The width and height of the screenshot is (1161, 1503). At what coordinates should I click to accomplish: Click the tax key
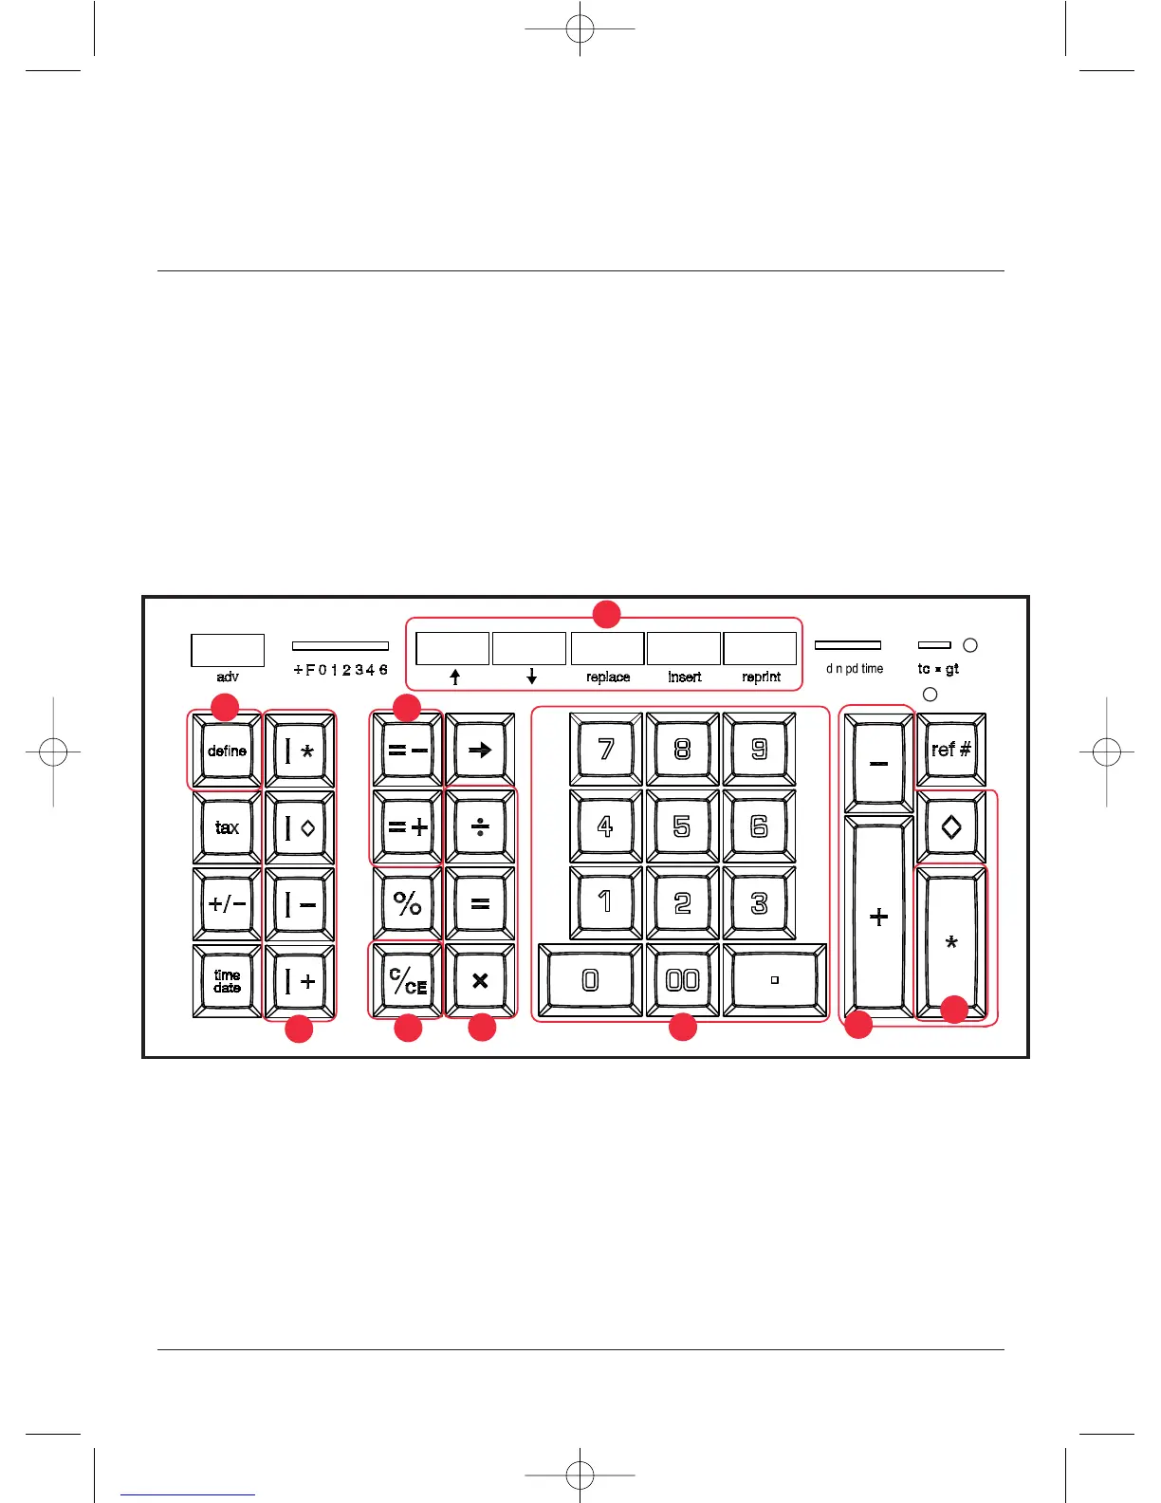pyautogui.click(x=227, y=827)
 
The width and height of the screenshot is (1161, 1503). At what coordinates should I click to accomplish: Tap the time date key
pyautogui.click(x=227, y=981)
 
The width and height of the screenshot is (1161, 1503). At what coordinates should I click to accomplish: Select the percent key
pyautogui.click(x=407, y=903)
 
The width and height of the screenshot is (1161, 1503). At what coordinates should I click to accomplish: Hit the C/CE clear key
pyautogui.click(x=407, y=981)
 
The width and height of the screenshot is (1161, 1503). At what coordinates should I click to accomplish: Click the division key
pyautogui.click(x=480, y=827)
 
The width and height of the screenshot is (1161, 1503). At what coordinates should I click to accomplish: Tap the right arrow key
pyautogui.click(x=480, y=750)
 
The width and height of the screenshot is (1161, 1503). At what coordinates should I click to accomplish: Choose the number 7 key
pyautogui.click(x=606, y=750)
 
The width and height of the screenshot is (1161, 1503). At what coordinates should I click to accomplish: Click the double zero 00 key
pyautogui.click(x=682, y=981)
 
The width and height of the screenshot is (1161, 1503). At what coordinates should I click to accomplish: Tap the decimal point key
pyautogui.click(x=774, y=981)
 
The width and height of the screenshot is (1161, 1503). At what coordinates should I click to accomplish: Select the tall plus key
pyautogui.click(x=878, y=917)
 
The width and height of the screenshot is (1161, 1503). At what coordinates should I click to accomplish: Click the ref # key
pyautogui.click(x=950, y=750)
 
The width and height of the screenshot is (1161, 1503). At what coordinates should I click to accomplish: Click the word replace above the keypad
pyautogui.click(x=608, y=677)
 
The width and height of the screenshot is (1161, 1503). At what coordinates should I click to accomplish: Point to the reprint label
pyautogui.click(x=761, y=677)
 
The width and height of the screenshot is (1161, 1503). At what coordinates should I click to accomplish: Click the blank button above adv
pyautogui.click(x=228, y=650)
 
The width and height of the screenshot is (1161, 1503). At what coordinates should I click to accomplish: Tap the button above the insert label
pyautogui.click(x=683, y=648)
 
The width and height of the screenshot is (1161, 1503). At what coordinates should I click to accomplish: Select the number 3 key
pyautogui.click(x=759, y=903)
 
